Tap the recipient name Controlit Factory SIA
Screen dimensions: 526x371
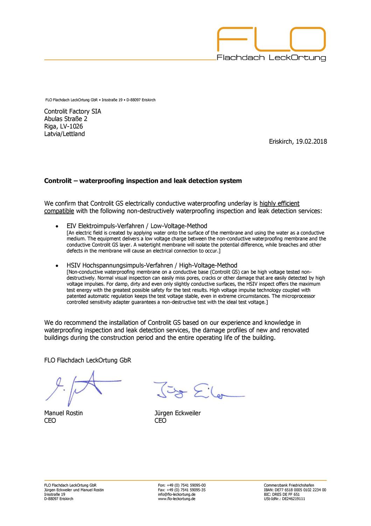click(x=72, y=112)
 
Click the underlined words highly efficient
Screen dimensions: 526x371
click(x=279, y=203)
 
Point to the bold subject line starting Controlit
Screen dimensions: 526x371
click(x=143, y=181)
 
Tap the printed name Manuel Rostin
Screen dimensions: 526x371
click(x=63, y=413)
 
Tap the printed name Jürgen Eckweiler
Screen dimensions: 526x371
click(x=177, y=413)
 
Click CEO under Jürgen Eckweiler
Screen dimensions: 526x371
click(x=160, y=421)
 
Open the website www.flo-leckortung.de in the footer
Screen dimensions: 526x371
click(x=177, y=499)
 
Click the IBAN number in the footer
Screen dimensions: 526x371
click(x=295, y=490)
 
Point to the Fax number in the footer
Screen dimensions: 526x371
click(x=182, y=490)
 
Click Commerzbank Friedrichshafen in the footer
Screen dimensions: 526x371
click(x=289, y=485)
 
